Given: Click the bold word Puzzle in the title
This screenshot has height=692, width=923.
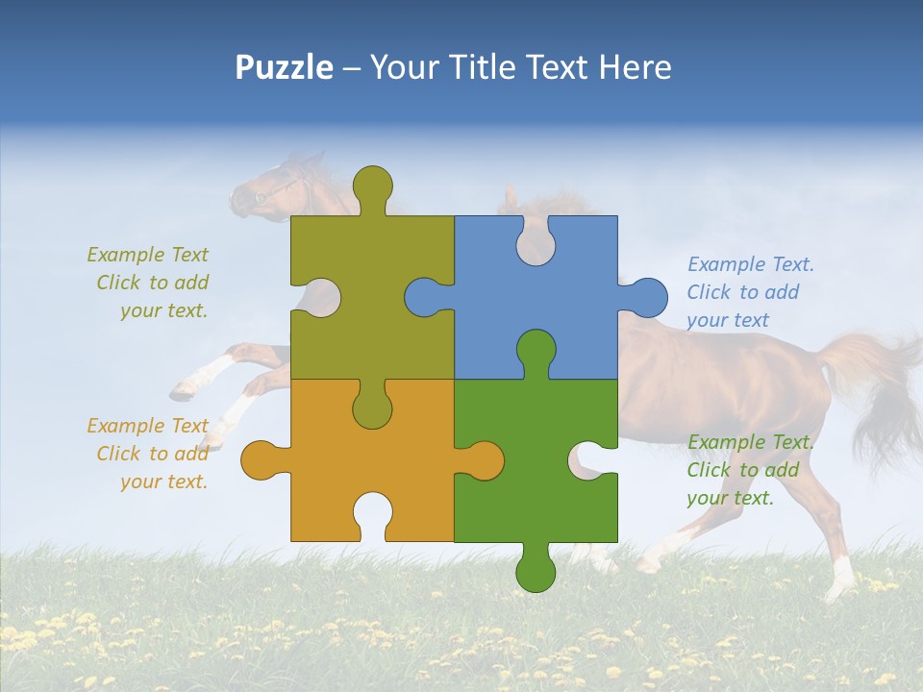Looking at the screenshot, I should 284,67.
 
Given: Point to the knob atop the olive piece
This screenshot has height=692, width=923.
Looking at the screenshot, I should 372,185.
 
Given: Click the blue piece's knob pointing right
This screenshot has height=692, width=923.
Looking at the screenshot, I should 646,297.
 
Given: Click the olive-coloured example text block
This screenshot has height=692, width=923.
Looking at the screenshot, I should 149,283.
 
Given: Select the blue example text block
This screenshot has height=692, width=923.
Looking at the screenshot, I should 746,292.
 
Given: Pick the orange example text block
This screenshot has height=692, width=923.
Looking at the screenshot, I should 149,454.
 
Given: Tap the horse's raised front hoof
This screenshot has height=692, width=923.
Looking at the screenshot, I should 183,389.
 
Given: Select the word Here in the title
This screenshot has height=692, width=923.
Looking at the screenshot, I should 634,67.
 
